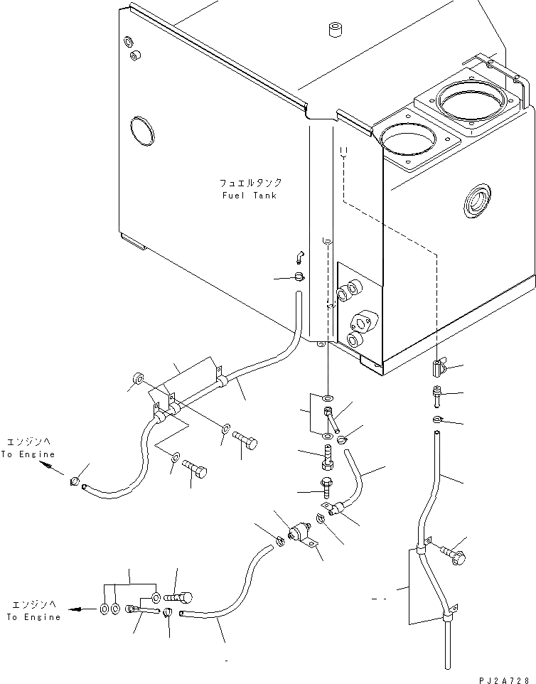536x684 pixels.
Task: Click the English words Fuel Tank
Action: coord(248,196)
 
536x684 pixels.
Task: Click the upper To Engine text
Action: coord(27,454)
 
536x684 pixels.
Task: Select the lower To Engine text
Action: coord(33,617)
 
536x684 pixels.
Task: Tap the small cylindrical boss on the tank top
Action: coord(333,30)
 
